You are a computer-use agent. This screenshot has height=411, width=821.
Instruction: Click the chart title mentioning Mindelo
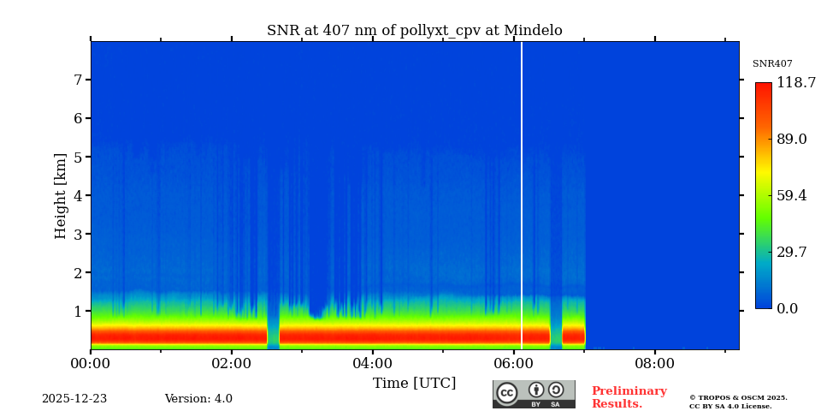[x=414, y=31]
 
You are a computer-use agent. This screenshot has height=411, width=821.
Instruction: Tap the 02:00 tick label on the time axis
[x=231, y=363]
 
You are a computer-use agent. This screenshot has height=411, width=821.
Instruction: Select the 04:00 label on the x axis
[x=372, y=363]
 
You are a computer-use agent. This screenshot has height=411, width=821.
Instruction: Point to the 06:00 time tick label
[x=513, y=363]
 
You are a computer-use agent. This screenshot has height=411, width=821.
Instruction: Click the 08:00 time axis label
[x=654, y=363]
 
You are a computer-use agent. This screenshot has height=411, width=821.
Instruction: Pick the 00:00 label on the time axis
[x=91, y=363]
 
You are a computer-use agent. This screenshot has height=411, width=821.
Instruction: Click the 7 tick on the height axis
[x=77, y=80]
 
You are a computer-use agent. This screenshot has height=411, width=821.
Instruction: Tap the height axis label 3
[x=77, y=235]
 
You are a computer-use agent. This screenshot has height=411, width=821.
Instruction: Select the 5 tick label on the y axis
[x=77, y=158]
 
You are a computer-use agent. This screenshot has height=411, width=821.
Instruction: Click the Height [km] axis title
[x=61, y=195]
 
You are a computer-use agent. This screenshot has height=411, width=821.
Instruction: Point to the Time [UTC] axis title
[x=414, y=384]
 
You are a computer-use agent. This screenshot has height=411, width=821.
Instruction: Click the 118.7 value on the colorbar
[x=795, y=83]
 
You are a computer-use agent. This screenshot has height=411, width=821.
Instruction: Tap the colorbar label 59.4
[x=791, y=196]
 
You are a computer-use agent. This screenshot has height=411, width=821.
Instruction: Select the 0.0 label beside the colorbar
[x=787, y=309]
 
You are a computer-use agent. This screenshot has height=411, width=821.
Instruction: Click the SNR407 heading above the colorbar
[x=772, y=64]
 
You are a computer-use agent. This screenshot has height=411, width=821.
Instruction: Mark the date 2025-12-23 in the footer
[x=74, y=399]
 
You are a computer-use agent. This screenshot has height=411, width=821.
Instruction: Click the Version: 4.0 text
[x=198, y=399]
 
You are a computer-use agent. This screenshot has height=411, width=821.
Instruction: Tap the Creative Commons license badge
[x=534, y=394]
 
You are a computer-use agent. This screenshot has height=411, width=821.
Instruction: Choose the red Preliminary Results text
[x=629, y=397]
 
